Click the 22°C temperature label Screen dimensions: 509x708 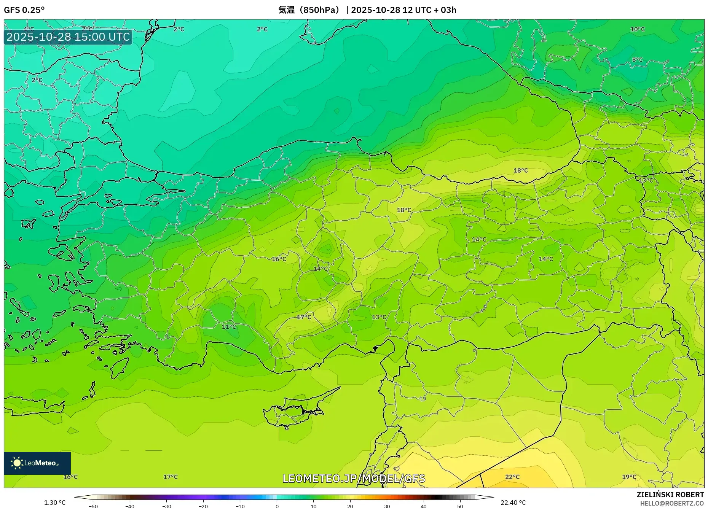coord(512,477)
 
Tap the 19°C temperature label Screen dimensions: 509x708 coord(629,477)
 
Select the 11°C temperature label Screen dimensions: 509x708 coord(229,326)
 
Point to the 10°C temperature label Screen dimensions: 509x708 coord(637,29)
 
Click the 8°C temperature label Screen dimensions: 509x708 coord(637,60)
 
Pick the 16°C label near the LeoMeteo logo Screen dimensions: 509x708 coord(70,477)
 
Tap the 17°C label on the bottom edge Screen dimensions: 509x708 coord(170,477)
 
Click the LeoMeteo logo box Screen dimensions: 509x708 coord(37,463)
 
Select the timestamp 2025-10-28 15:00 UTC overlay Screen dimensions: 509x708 coord(68,37)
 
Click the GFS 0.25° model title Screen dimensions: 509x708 coord(24,10)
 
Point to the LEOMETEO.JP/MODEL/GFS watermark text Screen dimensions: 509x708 coord(354,478)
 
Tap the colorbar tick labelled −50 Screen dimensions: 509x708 coord(93,506)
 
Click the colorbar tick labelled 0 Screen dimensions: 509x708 coord(277,506)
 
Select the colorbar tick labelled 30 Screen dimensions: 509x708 coord(387,506)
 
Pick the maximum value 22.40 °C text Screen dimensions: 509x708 coord(513,503)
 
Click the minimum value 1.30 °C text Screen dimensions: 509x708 coord(55,503)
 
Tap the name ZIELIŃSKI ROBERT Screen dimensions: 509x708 coord(670,495)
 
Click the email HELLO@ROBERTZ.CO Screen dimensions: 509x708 coord(671,503)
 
